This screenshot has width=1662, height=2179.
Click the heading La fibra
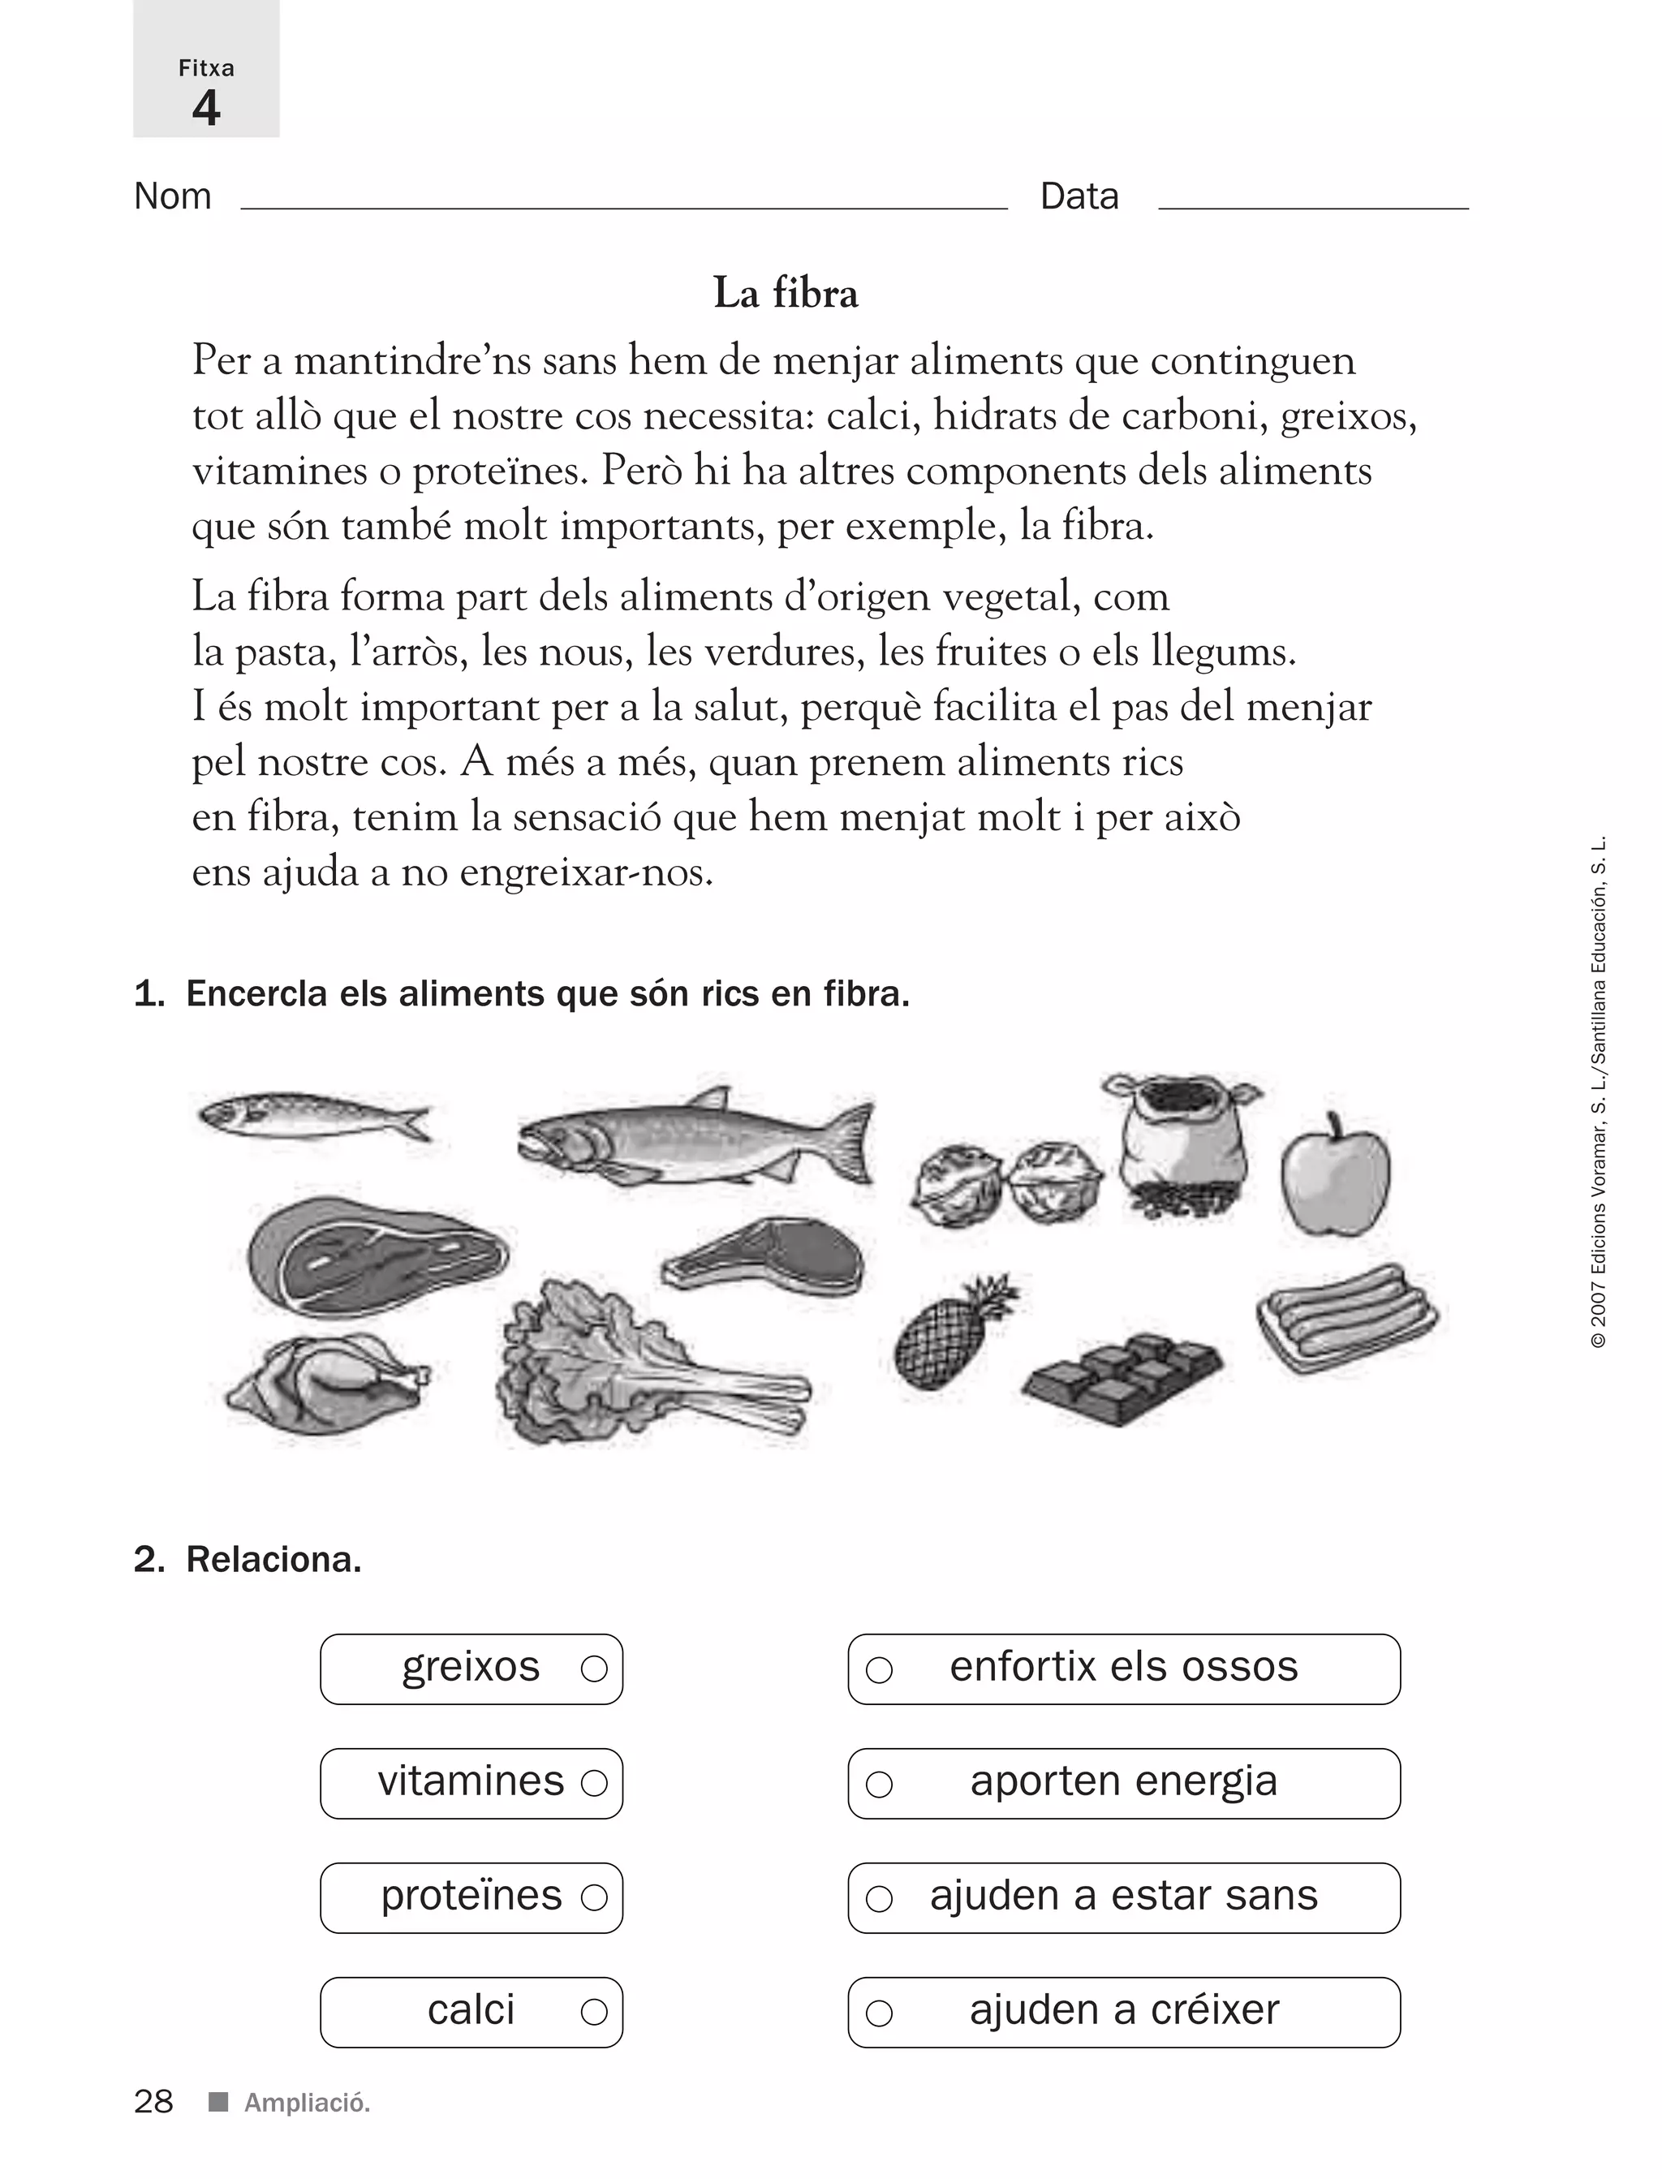click(x=786, y=294)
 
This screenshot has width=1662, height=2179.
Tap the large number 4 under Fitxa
click(x=206, y=108)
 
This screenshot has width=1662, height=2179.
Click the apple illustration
click(x=1336, y=1179)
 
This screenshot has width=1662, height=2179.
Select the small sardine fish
click(x=312, y=1117)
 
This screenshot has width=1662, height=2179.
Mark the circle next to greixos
click(x=593, y=1669)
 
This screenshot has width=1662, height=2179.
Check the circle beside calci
click(x=593, y=2012)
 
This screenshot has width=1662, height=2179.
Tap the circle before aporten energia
click(x=880, y=1785)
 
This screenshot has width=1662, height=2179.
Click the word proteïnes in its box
click(x=471, y=1896)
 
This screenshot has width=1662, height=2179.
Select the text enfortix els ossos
click(x=1123, y=1668)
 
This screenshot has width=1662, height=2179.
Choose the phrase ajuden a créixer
click(x=1124, y=2010)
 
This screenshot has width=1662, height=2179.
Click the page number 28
click(x=153, y=2102)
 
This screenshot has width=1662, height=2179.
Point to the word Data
click(x=1079, y=197)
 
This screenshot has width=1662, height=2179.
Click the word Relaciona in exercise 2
click(x=273, y=1560)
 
